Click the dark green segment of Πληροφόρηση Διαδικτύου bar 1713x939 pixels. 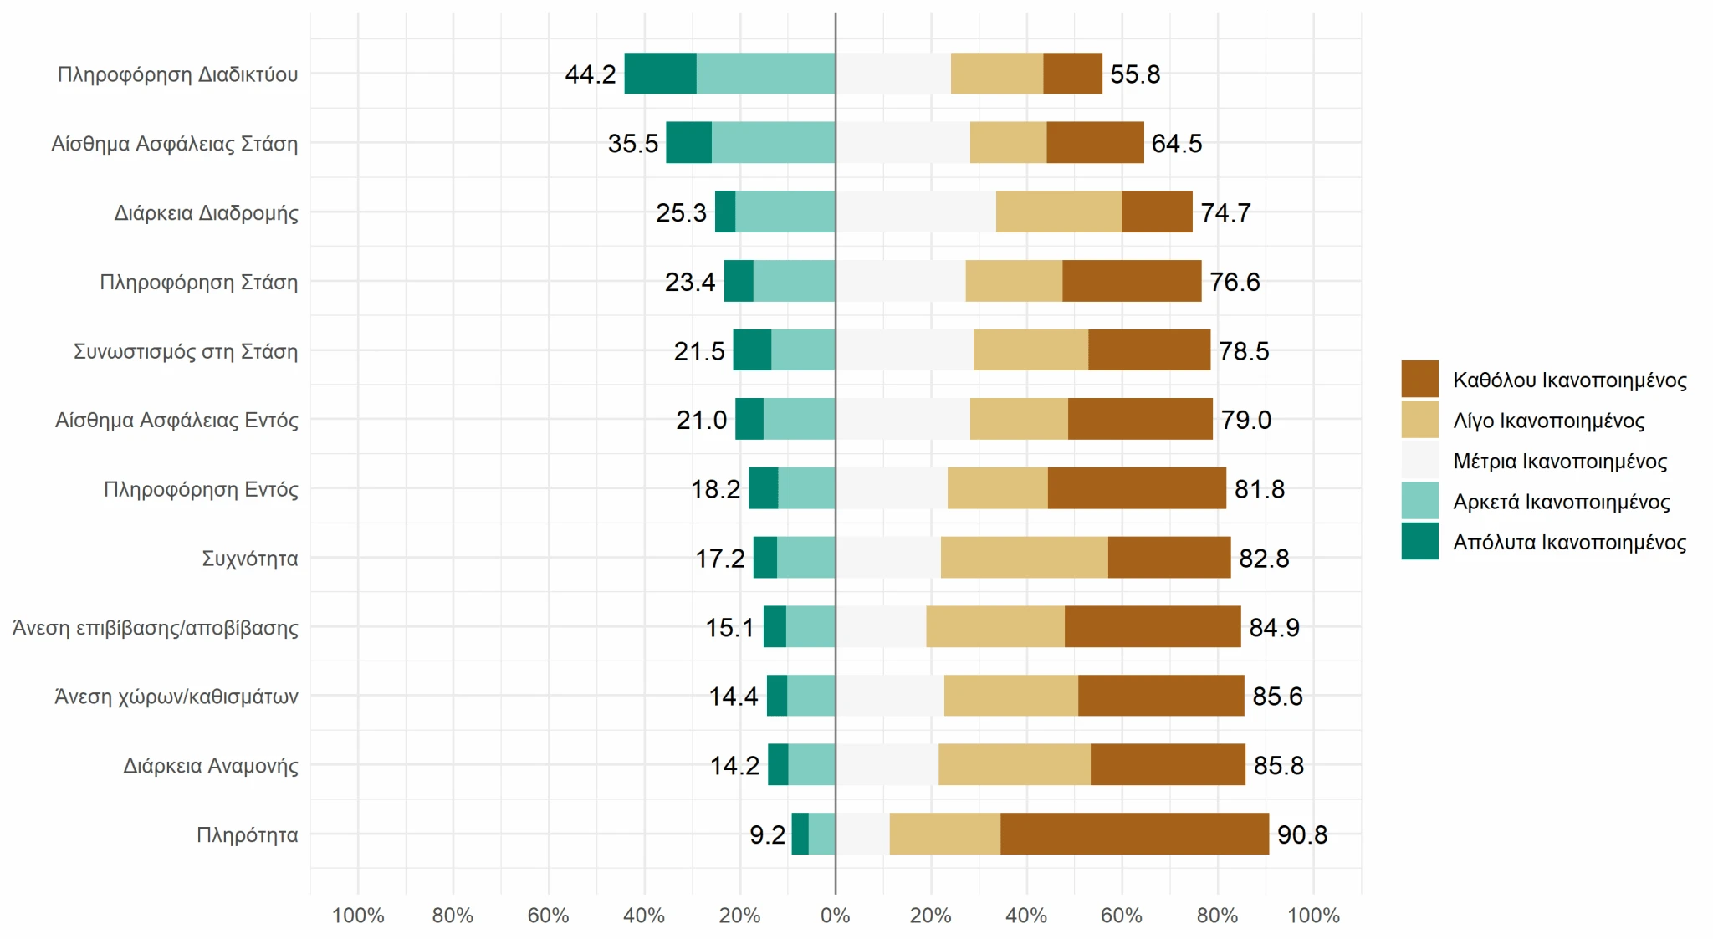tap(660, 74)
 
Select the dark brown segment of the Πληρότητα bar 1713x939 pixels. tap(1134, 834)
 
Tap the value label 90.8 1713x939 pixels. tap(1301, 834)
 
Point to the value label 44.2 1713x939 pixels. tap(591, 74)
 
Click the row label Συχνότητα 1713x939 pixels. tap(249, 559)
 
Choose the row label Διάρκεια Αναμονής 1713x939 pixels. tap(211, 766)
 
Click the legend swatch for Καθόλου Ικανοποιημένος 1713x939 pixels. tap(1419, 380)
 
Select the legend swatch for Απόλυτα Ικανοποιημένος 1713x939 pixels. tap(1419, 541)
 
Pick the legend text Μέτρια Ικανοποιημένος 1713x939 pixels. tap(1560, 462)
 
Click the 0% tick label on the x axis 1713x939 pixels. tap(835, 916)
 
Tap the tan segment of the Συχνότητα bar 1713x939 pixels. tap(1024, 558)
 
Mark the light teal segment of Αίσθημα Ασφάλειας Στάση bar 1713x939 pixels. tap(773, 143)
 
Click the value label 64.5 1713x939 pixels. tap(1176, 144)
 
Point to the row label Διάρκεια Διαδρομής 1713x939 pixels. tap(206, 213)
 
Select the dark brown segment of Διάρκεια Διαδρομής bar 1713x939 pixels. tap(1157, 212)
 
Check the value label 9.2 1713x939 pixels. tap(767, 834)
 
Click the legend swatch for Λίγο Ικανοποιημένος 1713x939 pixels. tap(1419, 420)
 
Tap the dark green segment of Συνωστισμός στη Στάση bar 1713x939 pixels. tap(752, 350)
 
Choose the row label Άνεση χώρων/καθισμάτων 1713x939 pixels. tap(176, 697)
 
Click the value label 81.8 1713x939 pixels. tap(1259, 489)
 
